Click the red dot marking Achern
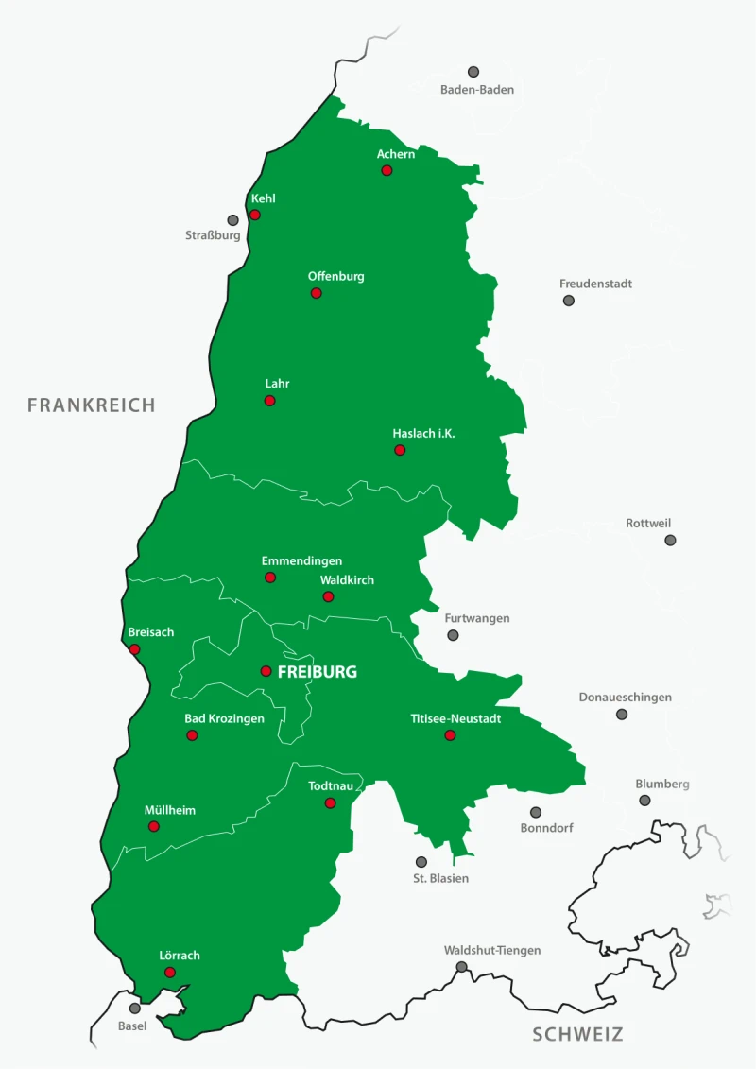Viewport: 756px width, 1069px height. click(387, 170)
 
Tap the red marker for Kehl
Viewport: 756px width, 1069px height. click(254, 215)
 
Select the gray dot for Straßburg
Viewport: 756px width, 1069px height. click(232, 220)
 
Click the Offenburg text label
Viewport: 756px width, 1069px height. click(335, 276)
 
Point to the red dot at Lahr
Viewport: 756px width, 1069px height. click(269, 401)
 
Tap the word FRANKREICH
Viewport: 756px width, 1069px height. click(91, 405)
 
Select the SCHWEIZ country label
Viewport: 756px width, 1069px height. click(577, 1034)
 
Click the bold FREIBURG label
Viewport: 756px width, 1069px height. click(318, 672)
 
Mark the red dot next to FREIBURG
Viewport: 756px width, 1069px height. click(266, 671)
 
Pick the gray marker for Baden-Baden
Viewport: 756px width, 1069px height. click(473, 72)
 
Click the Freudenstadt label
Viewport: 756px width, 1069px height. click(595, 284)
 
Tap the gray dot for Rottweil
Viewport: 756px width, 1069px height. click(670, 541)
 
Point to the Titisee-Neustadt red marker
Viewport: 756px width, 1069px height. click(450, 735)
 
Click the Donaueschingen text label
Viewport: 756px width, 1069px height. click(625, 698)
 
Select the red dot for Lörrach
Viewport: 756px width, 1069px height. click(169, 973)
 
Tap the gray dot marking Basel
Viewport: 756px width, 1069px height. click(135, 1009)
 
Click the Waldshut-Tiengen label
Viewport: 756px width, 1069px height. click(492, 950)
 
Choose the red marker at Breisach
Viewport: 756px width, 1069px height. click(134, 649)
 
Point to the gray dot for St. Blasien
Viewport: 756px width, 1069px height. click(421, 862)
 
